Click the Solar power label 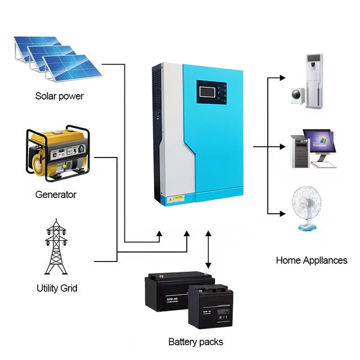(59, 96)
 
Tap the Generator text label (55, 195)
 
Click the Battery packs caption (196, 341)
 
